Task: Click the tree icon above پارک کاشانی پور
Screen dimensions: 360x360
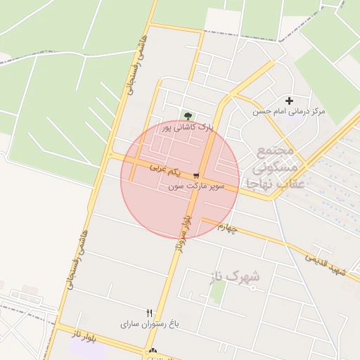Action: pyautogui.click(x=187, y=115)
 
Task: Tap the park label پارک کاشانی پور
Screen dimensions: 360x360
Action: pyautogui.click(x=187, y=128)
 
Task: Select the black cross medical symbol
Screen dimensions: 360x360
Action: pyautogui.click(x=289, y=101)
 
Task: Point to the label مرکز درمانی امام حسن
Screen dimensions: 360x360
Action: pyautogui.click(x=289, y=112)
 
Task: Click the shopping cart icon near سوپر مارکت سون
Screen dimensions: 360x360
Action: pyautogui.click(x=197, y=176)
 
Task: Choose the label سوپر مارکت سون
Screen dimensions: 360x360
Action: pyautogui.click(x=197, y=187)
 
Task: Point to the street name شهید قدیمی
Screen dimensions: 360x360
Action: pyautogui.click(x=325, y=263)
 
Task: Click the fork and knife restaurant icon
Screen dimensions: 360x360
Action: pyautogui.click(x=149, y=313)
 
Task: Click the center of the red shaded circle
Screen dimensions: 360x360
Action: pyautogui.click(x=180, y=180)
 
